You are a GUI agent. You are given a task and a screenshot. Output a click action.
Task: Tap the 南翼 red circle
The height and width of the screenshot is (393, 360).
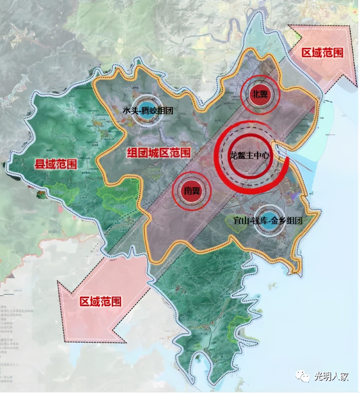[192, 191]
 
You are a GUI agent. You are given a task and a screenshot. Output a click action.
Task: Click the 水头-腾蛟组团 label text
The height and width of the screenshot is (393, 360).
[148, 111]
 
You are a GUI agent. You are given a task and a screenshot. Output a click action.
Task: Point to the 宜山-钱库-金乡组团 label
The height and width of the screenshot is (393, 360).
[268, 220]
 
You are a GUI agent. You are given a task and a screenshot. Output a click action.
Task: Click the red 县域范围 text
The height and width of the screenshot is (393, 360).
[56, 164]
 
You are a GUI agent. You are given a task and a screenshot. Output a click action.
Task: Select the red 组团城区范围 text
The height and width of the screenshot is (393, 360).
[159, 153]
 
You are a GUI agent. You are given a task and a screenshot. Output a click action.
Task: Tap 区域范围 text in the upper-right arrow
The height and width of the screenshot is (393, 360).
[322, 53]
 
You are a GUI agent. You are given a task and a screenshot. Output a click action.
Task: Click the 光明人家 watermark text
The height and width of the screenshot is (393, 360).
[331, 377]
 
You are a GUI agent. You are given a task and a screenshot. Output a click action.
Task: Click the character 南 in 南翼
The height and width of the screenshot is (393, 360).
[187, 191]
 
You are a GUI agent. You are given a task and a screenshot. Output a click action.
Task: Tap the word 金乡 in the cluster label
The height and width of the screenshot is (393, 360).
[278, 220]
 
